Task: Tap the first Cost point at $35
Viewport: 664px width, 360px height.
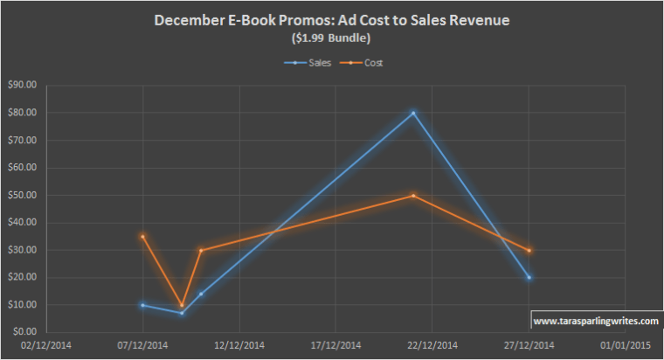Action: [142, 236]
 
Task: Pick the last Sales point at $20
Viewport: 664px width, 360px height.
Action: [529, 278]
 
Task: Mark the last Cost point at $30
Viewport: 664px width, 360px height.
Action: [529, 251]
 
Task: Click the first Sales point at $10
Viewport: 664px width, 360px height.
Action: [142, 305]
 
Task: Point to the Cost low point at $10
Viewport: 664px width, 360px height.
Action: [182, 305]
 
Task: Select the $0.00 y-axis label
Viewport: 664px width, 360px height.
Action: [24, 333]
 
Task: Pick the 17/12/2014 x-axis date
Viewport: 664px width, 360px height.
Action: [335, 347]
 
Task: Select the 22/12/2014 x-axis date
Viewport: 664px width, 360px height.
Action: [432, 347]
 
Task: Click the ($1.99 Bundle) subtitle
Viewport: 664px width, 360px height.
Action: [331, 39]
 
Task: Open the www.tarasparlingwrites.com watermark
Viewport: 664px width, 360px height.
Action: [595, 321]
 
